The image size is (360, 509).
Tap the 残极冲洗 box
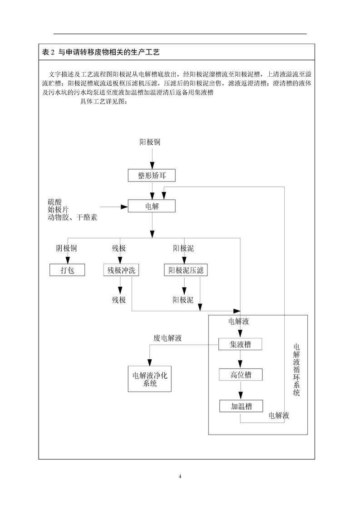click(120, 270)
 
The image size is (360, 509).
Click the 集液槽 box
click(241, 344)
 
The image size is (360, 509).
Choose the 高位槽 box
click(241, 375)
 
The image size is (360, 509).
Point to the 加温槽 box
click(241, 406)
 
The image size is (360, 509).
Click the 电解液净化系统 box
click(150, 379)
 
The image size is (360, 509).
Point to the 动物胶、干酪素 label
click(72, 218)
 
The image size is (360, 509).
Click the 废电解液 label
click(168, 338)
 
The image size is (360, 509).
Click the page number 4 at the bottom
click(180, 476)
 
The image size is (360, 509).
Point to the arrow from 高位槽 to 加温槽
click(241, 391)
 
